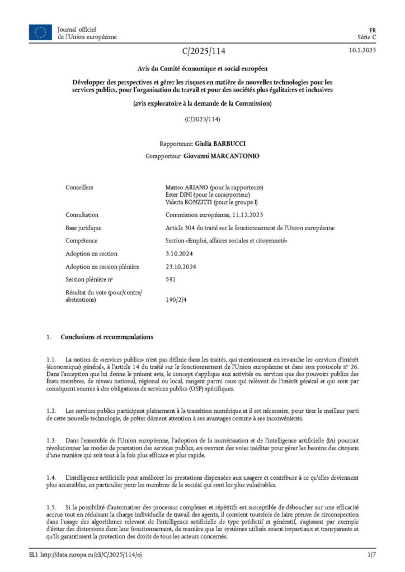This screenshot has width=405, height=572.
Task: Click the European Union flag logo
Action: (x=40, y=33)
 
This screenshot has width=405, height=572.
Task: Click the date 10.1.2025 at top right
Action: (x=362, y=51)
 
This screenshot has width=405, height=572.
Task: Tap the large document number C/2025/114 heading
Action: (x=203, y=52)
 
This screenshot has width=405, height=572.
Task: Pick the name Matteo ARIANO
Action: (x=185, y=187)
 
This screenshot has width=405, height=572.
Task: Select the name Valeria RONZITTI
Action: (x=186, y=202)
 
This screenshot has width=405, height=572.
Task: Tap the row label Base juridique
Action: (x=85, y=228)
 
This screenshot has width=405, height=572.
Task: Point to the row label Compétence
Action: (x=82, y=241)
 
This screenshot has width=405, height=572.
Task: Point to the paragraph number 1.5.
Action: (x=51, y=507)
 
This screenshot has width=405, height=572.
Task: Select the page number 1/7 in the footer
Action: (x=371, y=555)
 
